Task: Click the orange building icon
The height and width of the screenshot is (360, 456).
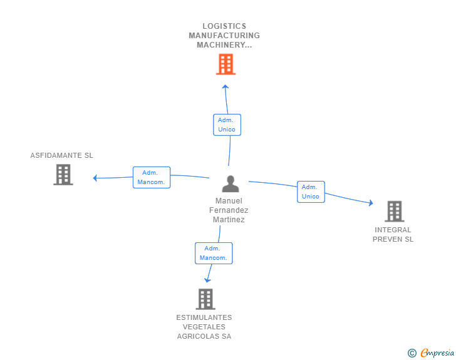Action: pyautogui.click(x=225, y=64)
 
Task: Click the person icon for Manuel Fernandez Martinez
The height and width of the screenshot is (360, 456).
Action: pyautogui.click(x=231, y=183)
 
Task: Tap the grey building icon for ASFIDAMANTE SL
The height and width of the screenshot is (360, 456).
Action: pyautogui.click(x=63, y=175)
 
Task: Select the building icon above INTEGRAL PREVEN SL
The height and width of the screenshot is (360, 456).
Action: pyautogui.click(x=394, y=212)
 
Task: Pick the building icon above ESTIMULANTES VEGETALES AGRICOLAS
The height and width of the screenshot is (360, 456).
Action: pyautogui.click(x=205, y=299)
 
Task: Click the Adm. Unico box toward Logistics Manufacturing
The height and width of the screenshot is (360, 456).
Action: pyautogui.click(x=227, y=125)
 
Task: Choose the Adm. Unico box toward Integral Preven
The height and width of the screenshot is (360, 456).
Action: pyautogui.click(x=310, y=192)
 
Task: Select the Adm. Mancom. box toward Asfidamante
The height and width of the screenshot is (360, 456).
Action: pyautogui.click(x=151, y=177)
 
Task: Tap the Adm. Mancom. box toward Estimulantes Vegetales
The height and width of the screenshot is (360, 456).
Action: pyautogui.click(x=213, y=253)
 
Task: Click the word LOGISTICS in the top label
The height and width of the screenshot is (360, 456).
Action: pyautogui.click(x=224, y=26)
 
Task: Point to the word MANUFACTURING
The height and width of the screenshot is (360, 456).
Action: pyautogui.click(x=224, y=36)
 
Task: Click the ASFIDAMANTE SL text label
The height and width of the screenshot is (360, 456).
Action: pyautogui.click(x=61, y=155)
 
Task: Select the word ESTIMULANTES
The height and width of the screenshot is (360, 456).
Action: pyautogui.click(x=204, y=317)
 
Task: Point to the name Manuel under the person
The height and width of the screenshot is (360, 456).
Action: pyautogui.click(x=229, y=201)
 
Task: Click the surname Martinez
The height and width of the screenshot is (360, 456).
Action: pyautogui.click(x=229, y=220)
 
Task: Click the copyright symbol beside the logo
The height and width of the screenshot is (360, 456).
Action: pyautogui.click(x=412, y=353)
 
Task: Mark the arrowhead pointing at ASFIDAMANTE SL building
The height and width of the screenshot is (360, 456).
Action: pyautogui.click(x=95, y=178)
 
